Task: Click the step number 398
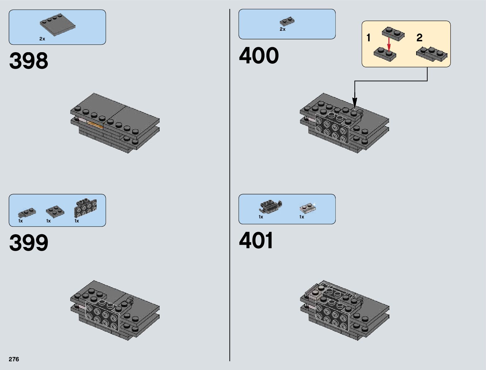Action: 29,61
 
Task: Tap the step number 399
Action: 29,243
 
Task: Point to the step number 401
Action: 256,240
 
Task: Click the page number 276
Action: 14,359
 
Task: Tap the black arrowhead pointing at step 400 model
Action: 354,103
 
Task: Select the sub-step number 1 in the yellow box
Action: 368,38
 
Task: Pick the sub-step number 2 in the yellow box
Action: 419,38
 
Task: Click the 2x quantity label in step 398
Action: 42,39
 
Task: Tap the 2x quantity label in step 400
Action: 283,29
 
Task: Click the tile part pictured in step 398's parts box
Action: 57,25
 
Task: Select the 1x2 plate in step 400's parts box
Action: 287,21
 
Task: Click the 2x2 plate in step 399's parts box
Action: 55,212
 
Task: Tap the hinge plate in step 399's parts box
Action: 27,212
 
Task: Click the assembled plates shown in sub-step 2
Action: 432,54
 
